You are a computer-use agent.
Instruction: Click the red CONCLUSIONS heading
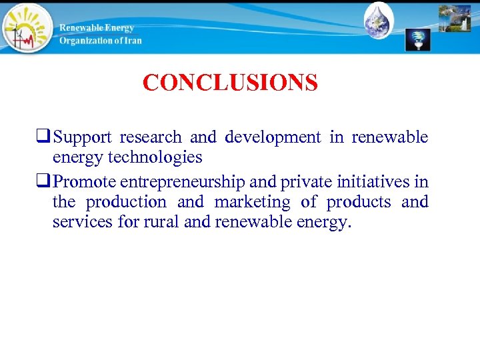tap(230, 83)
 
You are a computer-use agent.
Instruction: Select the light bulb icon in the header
tap(419, 39)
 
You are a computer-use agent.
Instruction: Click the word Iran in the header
tap(131, 41)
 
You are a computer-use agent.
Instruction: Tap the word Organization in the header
tap(85, 41)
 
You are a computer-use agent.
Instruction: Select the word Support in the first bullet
tap(83, 138)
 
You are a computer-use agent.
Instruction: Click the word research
tap(151, 138)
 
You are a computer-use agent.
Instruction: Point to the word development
tap(273, 138)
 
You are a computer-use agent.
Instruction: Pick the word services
tap(83, 222)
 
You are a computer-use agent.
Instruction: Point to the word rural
tap(160, 222)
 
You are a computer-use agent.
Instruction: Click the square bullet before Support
tap(47, 138)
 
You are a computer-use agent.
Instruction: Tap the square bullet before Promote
tap(47, 182)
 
